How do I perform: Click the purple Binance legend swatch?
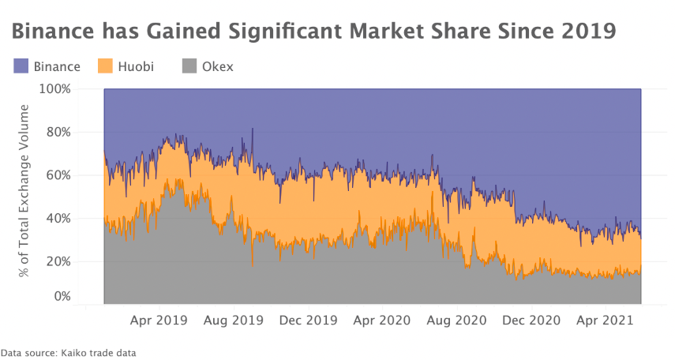click(21, 66)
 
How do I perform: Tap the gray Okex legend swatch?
click(189, 66)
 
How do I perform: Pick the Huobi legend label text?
click(136, 66)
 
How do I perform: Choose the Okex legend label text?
click(217, 66)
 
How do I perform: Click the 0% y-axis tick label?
click(62, 297)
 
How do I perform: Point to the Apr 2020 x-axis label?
click(381, 321)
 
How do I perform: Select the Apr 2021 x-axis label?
click(604, 321)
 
